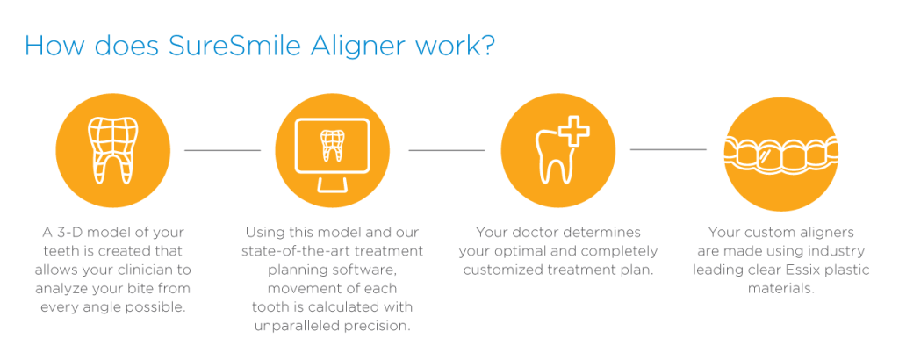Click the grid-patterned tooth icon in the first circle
(112, 150)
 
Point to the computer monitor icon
(333, 154)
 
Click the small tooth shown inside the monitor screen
(333, 146)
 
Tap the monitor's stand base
(333, 184)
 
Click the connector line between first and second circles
(222, 151)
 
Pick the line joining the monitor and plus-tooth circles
(447, 151)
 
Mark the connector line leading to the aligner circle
(668, 151)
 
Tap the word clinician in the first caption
(163, 270)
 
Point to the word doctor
(539, 233)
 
